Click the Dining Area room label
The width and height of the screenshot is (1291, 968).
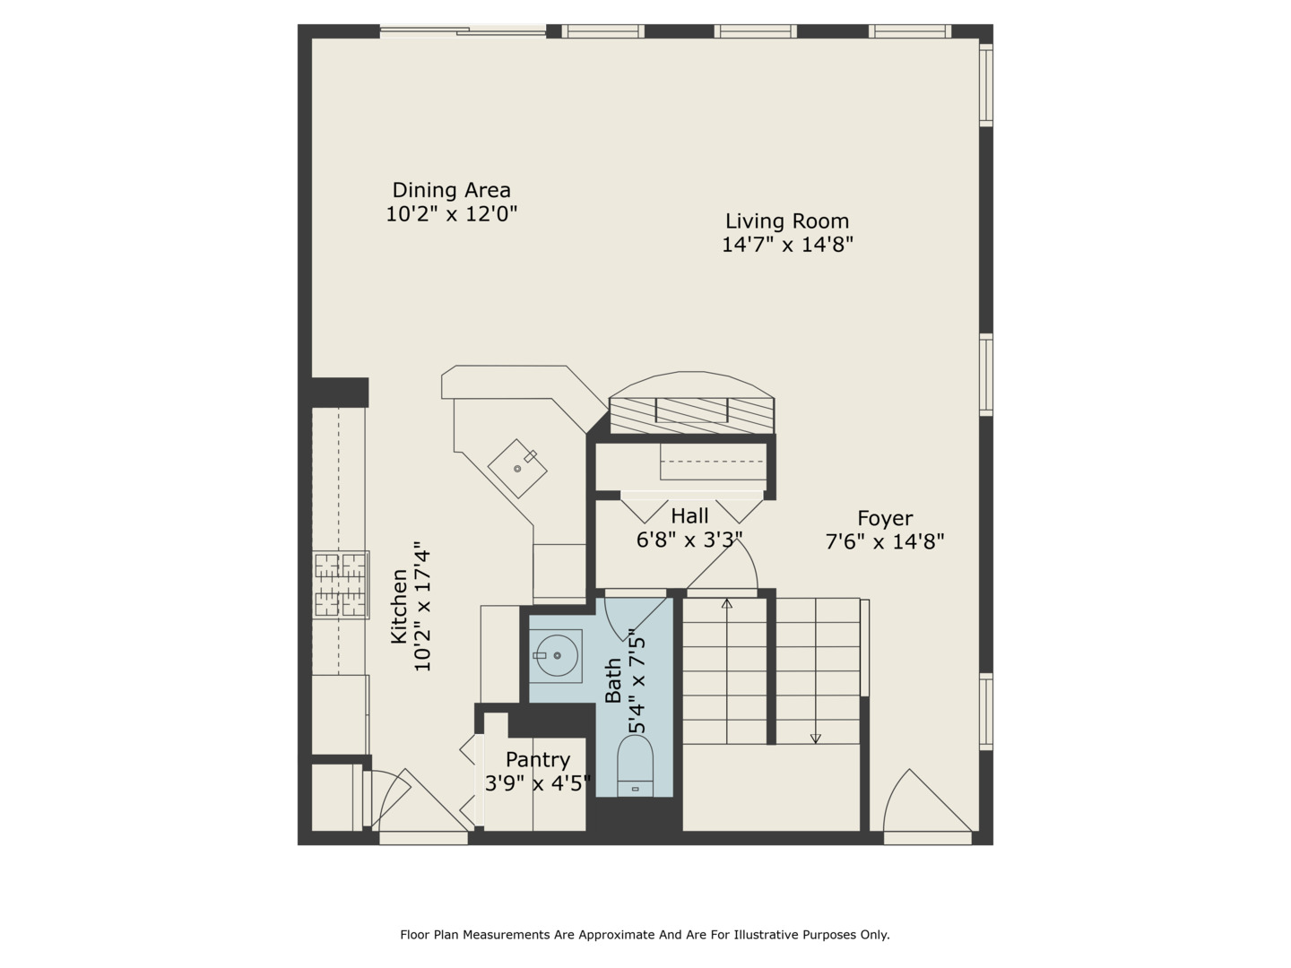(x=451, y=190)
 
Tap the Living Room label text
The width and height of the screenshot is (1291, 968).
(x=787, y=221)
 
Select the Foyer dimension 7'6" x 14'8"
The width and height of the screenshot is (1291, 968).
(x=885, y=541)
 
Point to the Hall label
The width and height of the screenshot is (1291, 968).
(x=689, y=516)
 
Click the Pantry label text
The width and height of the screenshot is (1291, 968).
(x=538, y=760)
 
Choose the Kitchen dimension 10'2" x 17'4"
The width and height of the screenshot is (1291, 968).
(x=422, y=610)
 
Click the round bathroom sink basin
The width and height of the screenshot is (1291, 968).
(x=556, y=655)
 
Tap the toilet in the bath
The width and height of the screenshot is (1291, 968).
(x=635, y=765)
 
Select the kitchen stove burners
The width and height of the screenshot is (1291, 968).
(x=341, y=584)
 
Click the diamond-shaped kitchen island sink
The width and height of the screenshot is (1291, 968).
(x=517, y=469)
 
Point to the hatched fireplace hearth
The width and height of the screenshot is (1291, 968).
(x=691, y=416)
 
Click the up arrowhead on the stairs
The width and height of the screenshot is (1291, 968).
(x=727, y=603)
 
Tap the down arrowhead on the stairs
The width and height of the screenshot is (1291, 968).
(x=815, y=739)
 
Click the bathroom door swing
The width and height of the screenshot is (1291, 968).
(x=635, y=619)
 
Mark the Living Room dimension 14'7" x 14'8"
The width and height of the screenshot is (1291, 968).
(x=787, y=245)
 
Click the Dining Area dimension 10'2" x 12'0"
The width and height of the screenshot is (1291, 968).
(x=451, y=214)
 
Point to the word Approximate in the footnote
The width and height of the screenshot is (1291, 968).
(x=617, y=935)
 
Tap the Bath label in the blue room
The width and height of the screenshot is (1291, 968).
(x=613, y=680)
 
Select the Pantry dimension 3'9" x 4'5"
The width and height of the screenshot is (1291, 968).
(x=538, y=783)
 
